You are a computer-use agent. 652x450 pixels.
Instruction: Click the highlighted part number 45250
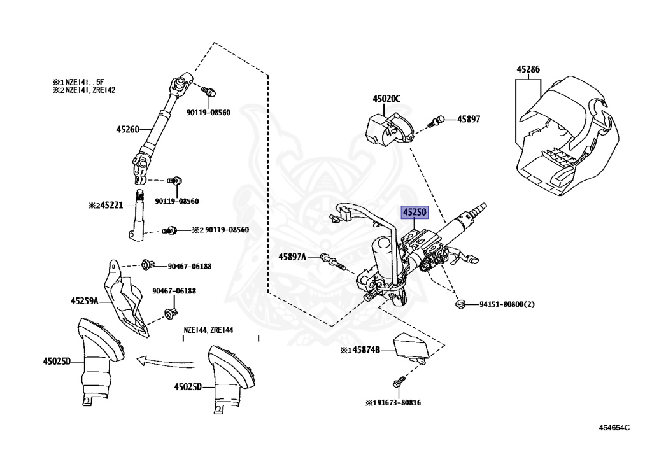coord(413,213)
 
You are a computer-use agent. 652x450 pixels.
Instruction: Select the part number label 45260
coord(127,129)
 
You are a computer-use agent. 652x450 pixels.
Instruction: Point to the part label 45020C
coord(386,99)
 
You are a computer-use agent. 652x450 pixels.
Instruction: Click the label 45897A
coord(292,257)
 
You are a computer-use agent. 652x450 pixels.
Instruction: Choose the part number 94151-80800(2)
coord(507,305)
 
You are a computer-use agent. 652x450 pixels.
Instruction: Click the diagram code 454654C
coord(614,428)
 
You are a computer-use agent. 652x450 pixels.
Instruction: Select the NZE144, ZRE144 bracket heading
coord(209,330)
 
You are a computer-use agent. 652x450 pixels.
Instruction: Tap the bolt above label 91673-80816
coord(397,382)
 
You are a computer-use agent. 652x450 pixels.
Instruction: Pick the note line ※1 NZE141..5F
coord(83,81)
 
